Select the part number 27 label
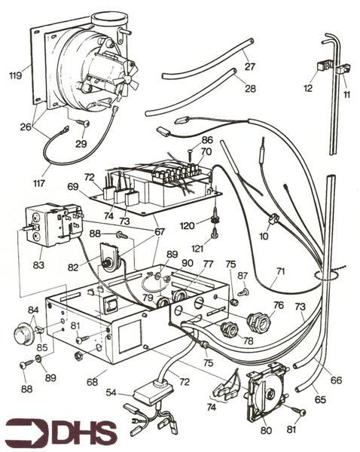250,66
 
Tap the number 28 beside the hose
250,88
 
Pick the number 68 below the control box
92,382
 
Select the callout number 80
265,432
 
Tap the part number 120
189,225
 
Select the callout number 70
205,151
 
